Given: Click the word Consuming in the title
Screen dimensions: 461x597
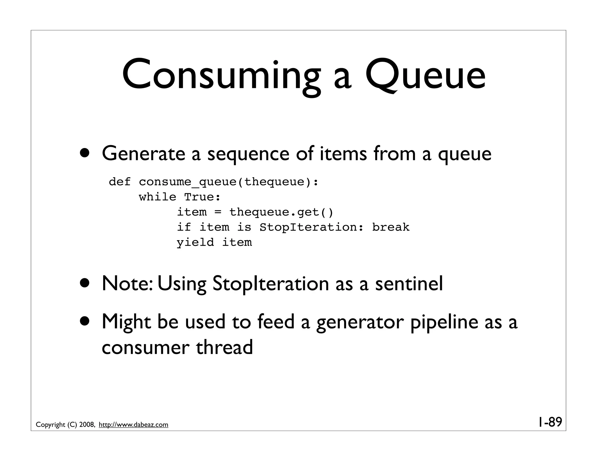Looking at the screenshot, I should [x=221, y=76].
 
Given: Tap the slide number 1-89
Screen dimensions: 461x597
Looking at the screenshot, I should [x=549, y=422].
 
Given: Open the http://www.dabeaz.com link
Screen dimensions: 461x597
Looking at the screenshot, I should [x=134, y=425].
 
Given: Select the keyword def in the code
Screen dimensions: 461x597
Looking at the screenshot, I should [x=120, y=182].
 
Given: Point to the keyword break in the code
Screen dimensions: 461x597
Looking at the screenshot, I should [x=391, y=227].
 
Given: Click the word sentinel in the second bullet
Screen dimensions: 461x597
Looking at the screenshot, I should [x=409, y=284].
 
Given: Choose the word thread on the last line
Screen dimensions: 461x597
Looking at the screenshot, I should [x=224, y=348].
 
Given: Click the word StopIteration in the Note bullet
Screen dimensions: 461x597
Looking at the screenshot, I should [x=271, y=284].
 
